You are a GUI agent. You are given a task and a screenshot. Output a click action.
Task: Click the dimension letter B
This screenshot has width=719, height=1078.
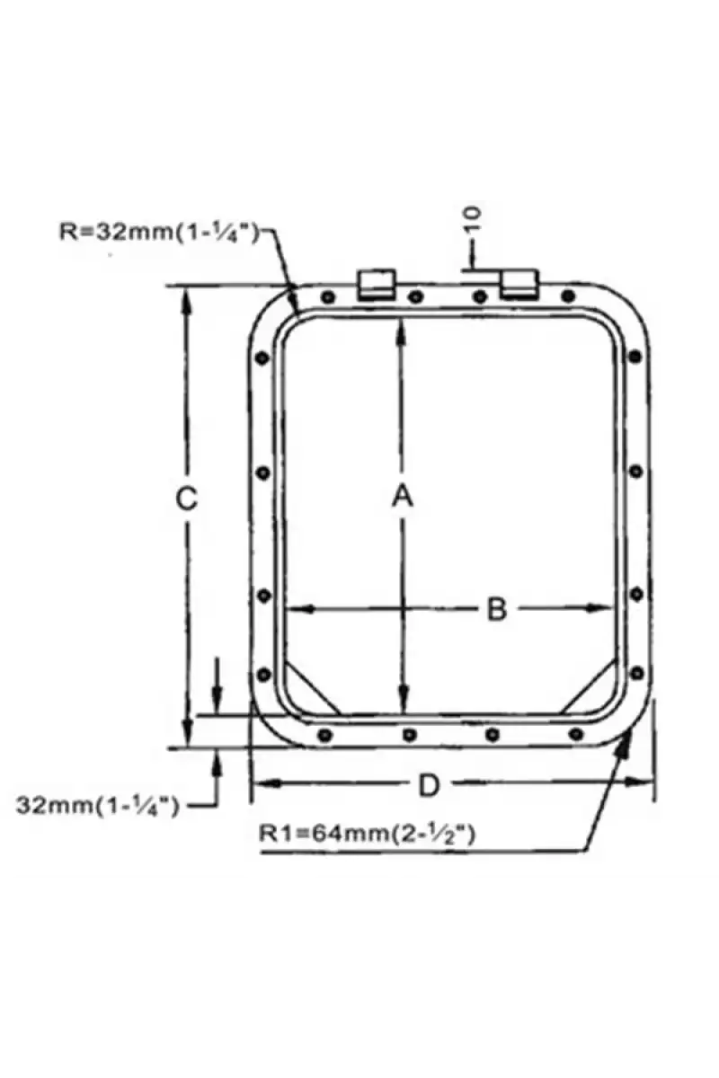point(496,609)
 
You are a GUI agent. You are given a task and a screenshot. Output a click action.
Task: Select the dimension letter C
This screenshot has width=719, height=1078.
point(186,498)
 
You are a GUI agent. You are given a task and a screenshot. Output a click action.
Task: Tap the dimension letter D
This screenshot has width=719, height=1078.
point(429,786)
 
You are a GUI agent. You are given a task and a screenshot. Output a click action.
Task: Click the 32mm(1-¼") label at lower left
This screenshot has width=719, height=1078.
point(98,805)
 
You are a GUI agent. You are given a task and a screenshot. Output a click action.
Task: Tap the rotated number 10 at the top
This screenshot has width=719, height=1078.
point(473,220)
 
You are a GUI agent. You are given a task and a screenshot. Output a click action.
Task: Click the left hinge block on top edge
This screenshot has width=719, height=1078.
point(376,285)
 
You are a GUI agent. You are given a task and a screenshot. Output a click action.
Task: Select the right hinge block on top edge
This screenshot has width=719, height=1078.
point(519,285)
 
